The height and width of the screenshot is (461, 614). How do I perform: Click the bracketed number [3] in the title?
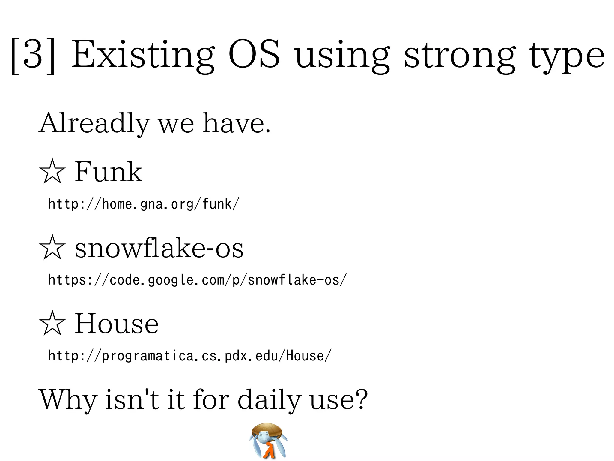[33, 56]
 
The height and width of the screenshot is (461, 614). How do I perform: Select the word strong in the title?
[460, 56]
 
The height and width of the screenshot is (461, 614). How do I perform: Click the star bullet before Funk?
[52, 172]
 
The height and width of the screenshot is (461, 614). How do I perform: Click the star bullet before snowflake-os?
[52, 248]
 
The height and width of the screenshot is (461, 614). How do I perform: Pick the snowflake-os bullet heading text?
[159, 248]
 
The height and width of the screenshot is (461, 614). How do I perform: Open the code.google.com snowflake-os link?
[197, 280]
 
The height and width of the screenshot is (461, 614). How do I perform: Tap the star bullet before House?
[52, 324]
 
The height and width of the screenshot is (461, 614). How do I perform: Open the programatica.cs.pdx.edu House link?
[190, 356]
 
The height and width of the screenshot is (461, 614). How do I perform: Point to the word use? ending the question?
[338, 400]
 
